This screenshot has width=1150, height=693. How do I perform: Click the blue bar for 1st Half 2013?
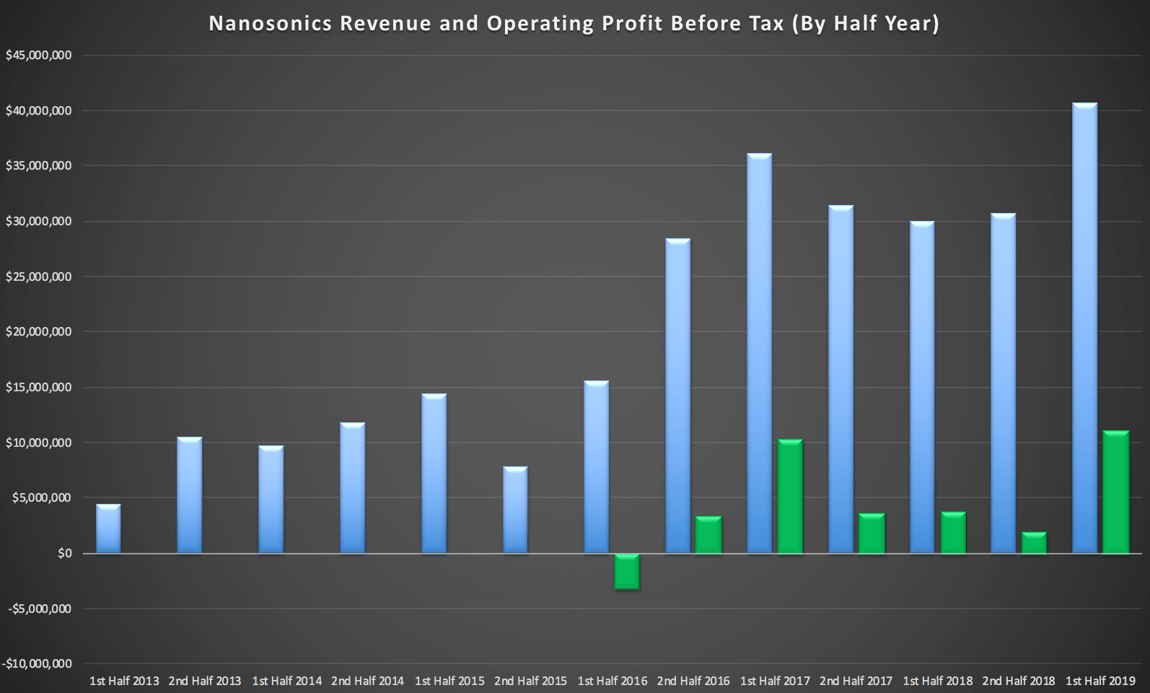point(108,529)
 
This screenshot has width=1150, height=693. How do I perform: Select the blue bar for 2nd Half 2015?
point(515,510)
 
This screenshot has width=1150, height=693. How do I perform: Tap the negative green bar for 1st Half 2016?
point(627,572)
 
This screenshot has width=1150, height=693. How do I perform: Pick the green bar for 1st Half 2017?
point(790,497)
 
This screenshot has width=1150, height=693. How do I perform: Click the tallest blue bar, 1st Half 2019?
point(1085,328)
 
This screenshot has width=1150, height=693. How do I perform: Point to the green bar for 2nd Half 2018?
point(1034,543)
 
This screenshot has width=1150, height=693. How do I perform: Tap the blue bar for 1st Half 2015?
point(434,474)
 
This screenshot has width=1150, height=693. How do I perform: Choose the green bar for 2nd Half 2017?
point(872,533)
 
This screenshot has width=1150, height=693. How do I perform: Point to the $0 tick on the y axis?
point(65,554)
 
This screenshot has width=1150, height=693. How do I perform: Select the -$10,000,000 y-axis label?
point(37,664)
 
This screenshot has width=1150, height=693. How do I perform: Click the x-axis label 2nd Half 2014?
point(367,681)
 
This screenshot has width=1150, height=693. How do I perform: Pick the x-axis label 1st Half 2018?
point(937,681)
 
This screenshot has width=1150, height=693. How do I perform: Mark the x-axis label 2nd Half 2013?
point(205,681)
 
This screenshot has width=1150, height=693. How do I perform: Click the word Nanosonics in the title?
point(271,24)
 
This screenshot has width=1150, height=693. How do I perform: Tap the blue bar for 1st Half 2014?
point(271,500)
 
